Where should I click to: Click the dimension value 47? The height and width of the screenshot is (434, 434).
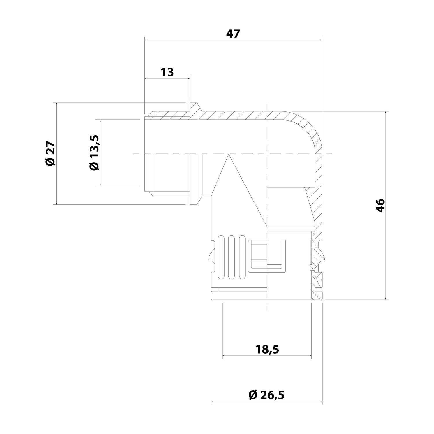pos(233,34)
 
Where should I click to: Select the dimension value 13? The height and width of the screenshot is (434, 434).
pos(167,72)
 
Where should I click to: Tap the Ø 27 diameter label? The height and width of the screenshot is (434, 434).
pos(50,153)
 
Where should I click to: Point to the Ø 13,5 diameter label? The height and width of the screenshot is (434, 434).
pos(94,152)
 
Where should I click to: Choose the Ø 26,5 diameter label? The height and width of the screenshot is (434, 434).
pos(266,395)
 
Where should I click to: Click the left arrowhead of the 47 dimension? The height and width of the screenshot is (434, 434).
pos(146,40)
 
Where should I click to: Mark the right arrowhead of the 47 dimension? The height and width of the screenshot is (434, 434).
pos(321,40)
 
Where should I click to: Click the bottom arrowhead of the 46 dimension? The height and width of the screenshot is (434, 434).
pos(386,298)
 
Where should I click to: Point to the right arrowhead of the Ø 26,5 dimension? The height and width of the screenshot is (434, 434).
pos(321,401)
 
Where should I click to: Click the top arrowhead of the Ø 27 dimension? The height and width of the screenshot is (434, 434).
pos(57,104)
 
